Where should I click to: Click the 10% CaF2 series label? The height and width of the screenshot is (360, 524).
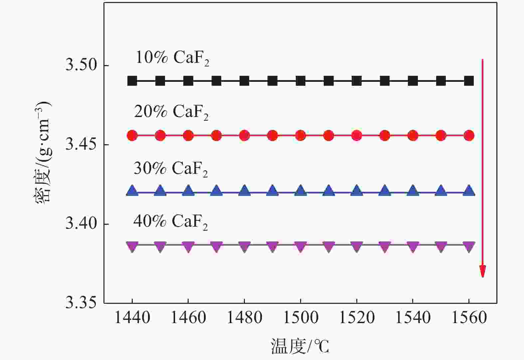point(172,58)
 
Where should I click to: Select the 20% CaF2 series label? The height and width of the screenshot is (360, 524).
point(171,112)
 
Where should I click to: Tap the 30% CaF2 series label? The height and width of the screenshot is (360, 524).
point(171,169)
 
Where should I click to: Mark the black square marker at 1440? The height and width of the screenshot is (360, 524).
point(132,81)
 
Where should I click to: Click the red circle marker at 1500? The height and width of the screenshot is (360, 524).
point(300,136)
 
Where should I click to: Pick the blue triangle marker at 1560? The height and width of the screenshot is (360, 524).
point(469,191)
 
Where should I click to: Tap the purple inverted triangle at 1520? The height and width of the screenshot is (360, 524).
point(357,246)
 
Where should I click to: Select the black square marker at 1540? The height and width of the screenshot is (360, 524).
point(413,81)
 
